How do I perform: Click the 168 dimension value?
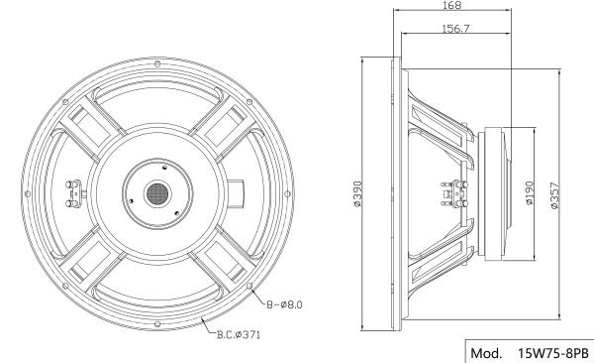coord(452,5)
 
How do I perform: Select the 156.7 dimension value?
coord(455,29)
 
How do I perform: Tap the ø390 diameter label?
coord(357,194)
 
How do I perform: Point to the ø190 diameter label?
coord(530,192)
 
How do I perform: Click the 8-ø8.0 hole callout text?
coord(284,304)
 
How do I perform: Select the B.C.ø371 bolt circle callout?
coord(239,334)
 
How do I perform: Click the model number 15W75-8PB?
coord(553,353)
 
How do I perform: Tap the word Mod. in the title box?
coord(486,353)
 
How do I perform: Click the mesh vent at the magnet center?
coord(157,194)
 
